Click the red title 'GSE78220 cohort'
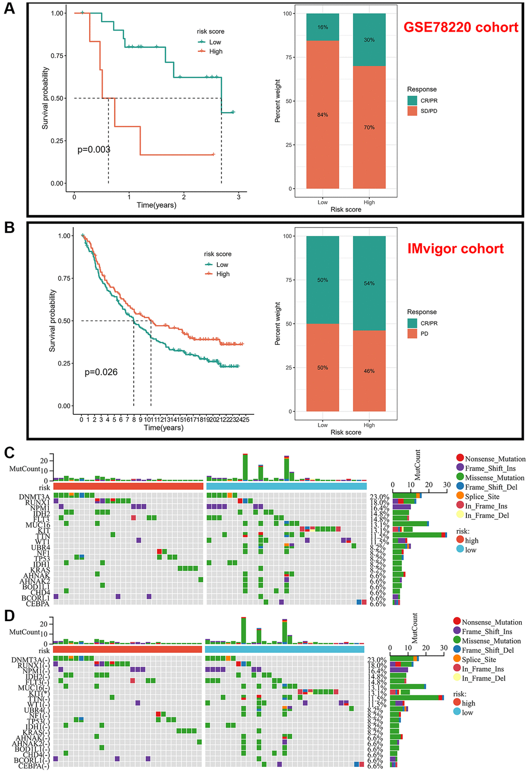click(461, 27)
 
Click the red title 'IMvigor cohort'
click(455, 249)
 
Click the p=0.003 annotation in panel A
click(94, 150)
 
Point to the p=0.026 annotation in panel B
click(101, 372)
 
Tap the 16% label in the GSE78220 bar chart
click(323, 27)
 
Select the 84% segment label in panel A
click(323, 115)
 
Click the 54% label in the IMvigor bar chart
click(369, 284)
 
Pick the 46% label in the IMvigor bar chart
click(369, 371)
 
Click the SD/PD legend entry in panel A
click(428, 111)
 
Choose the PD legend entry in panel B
click(424, 334)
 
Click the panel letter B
click(10, 228)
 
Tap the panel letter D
click(9, 615)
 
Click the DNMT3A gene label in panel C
click(34, 497)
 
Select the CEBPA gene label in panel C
click(37, 603)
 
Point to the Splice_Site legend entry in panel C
click(482, 497)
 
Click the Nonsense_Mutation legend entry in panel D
click(492, 622)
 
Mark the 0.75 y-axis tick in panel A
click(58, 56)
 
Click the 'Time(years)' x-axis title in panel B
click(163, 428)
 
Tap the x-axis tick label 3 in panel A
click(239, 197)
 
